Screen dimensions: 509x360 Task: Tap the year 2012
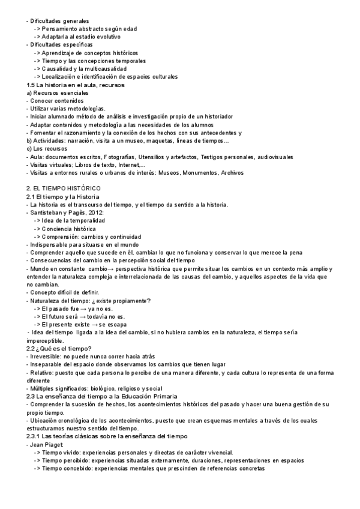pos(96,213)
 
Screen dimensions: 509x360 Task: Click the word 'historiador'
pos(215,116)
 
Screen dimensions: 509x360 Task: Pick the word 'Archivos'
pos(232,173)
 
